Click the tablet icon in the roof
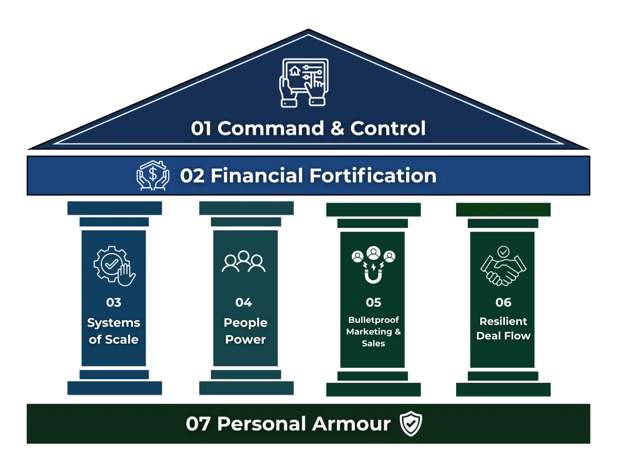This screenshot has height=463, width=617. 303,82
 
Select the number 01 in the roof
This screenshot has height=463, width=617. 201,128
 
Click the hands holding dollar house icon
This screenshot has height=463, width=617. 153,176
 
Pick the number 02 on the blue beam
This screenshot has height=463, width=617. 192,176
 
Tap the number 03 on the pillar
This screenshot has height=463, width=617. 114,302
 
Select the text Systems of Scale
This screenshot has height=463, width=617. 114,331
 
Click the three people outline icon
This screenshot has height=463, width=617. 244,262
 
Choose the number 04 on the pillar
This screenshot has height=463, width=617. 244,302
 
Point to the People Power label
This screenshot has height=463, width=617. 245,331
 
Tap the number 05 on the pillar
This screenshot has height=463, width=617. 373,302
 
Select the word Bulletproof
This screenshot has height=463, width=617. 373,320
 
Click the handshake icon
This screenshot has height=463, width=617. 503,267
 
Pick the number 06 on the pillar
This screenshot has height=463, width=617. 503,302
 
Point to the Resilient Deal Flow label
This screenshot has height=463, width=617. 503,328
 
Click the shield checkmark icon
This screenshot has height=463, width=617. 411,424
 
